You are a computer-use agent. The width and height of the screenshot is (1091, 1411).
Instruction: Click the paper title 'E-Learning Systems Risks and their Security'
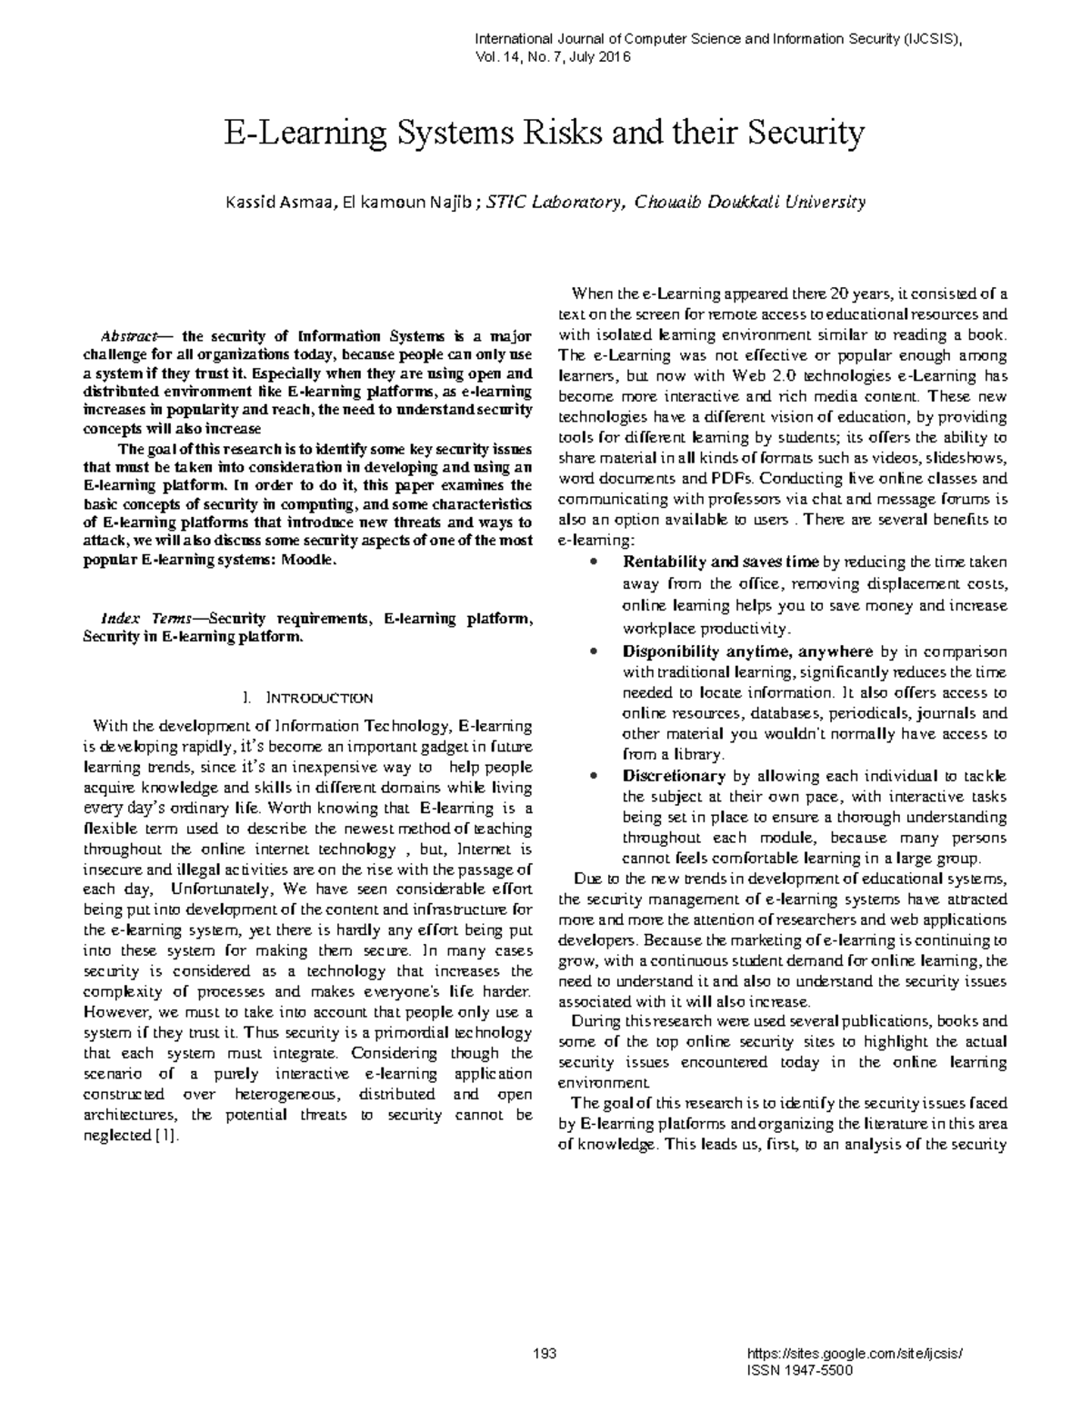pos(545,134)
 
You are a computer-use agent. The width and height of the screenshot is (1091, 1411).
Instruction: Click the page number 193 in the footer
pos(545,1354)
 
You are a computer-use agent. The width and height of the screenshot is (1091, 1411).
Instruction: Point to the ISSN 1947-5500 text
pos(798,1370)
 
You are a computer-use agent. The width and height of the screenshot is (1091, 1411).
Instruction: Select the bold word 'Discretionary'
pos(674,776)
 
